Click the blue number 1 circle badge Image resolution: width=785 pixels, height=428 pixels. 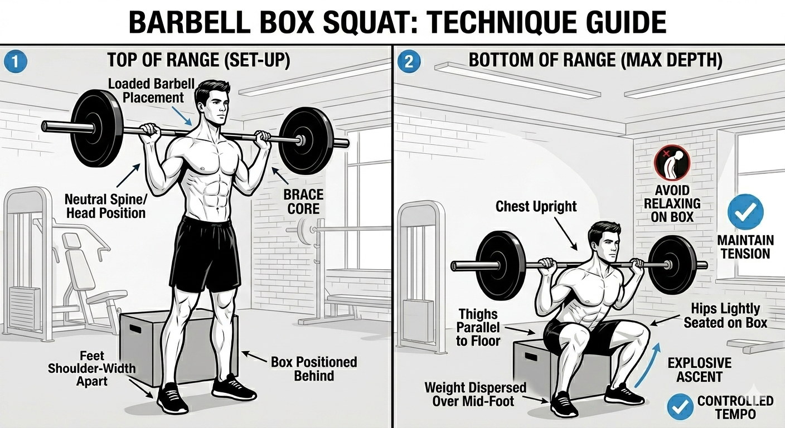(x=16, y=62)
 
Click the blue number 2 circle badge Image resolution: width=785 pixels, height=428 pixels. (x=409, y=62)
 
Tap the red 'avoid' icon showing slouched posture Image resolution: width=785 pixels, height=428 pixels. (x=672, y=163)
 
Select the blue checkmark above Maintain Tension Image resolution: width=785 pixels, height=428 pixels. (x=745, y=212)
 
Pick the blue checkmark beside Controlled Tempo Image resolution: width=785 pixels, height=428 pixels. (x=680, y=407)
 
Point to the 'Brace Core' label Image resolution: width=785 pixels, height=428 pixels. (x=303, y=202)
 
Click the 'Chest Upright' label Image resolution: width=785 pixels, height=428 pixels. (x=536, y=206)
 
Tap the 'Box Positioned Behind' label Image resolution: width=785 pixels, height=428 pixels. (x=314, y=369)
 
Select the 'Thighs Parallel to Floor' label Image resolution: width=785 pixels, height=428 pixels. (x=478, y=328)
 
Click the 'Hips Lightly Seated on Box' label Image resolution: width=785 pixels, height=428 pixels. (x=725, y=315)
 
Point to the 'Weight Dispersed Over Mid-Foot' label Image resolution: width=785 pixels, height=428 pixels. (x=475, y=395)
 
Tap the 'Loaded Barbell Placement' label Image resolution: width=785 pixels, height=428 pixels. (x=152, y=91)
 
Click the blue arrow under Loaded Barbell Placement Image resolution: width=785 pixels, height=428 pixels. (x=182, y=116)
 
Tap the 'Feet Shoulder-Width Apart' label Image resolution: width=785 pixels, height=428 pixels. (x=92, y=368)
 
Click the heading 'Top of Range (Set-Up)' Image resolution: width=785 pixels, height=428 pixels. (x=198, y=60)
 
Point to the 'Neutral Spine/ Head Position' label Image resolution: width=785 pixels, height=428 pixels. (x=106, y=206)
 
